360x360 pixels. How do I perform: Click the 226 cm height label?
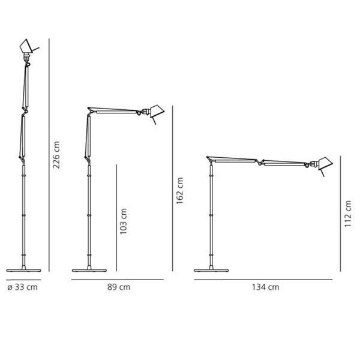tap(56, 155)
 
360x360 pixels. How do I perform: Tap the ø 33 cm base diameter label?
tap(23, 287)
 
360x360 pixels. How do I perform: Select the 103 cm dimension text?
tap(123, 221)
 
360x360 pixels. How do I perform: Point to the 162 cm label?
tap(179, 191)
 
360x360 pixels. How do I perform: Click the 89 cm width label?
tap(119, 287)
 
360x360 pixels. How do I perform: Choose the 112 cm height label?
tap(348, 214)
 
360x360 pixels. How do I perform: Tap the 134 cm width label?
tap(266, 287)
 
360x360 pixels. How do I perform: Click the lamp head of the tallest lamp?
tap(26, 46)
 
